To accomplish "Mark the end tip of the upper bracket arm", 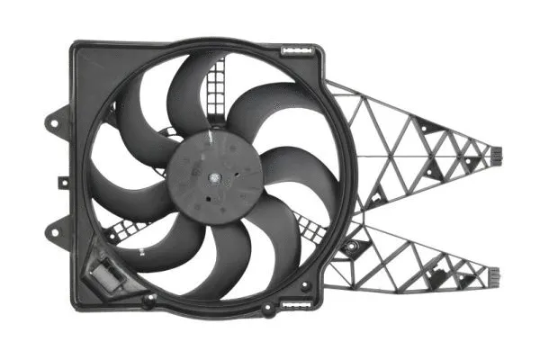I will click(493, 156).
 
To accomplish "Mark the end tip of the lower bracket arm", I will click(493, 267).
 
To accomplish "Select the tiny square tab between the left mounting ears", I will click(64, 180).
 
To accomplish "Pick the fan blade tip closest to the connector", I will click(135, 247).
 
